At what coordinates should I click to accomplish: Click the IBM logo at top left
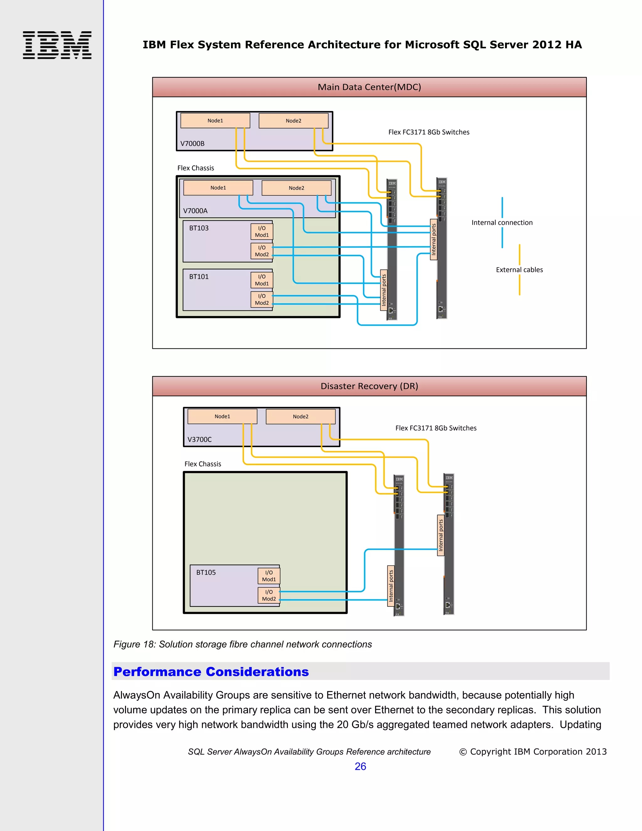coord(57,45)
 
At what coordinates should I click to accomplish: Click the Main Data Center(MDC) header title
coord(369,87)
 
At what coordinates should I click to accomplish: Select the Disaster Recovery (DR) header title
coord(369,386)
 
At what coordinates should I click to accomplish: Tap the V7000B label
coord(192,143)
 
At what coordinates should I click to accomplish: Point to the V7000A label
coord(195,211)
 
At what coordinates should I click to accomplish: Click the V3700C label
coord(199,439)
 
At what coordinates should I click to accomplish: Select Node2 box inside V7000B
coord(293,121)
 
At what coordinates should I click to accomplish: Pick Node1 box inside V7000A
coord(218,188)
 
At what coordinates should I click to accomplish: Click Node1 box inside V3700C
coord(222,416)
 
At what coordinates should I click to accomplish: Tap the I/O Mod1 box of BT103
coord(262,231)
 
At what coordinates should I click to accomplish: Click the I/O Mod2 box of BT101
coord(262,299)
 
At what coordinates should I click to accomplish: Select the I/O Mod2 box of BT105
coord(269,595)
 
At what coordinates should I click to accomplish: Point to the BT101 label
coord(199,277)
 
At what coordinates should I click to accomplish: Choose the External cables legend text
coord(519,270)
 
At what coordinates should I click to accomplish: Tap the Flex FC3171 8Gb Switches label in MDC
coord(429,132)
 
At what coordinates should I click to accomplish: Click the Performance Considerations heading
coord(211,672)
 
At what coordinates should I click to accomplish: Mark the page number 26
coord(360,766)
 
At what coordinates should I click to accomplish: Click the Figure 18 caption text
coord(242,644)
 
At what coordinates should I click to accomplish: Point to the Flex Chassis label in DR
coord(203,464)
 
